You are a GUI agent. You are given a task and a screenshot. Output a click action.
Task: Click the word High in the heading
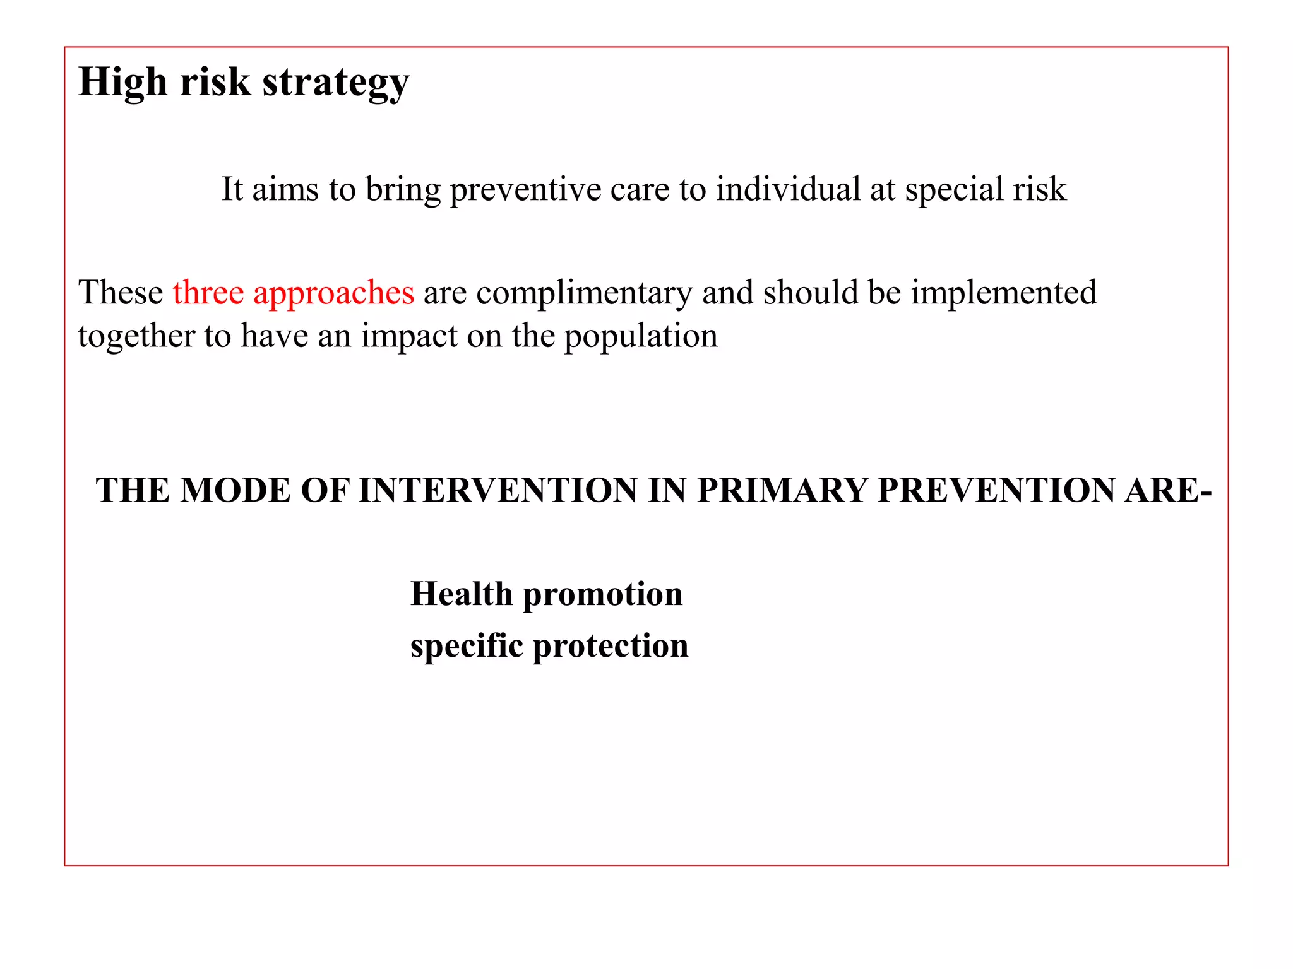point(122,82)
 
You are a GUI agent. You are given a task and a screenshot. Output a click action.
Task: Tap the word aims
point(285,189)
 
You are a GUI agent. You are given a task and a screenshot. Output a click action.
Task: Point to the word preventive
point(525,189)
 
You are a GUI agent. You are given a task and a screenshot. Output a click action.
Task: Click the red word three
point(208,292)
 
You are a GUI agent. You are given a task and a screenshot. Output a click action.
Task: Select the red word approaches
point(333,293)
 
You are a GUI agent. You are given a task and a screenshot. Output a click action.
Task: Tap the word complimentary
point(584,293)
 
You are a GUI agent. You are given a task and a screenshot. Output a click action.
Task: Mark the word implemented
point(1003,293)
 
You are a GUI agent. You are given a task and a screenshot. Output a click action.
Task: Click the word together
point(136,336)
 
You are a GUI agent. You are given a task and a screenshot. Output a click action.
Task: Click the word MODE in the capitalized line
point(235,490)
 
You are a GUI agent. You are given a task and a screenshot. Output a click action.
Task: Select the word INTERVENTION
point(498,490)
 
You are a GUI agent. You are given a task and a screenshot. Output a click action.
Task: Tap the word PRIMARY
point(782,490)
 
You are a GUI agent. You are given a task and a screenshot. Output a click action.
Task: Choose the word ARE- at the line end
point(1168,490)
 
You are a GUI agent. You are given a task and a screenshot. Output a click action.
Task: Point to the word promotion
point(603,595)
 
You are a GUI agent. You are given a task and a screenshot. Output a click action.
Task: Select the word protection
point(611,646)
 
